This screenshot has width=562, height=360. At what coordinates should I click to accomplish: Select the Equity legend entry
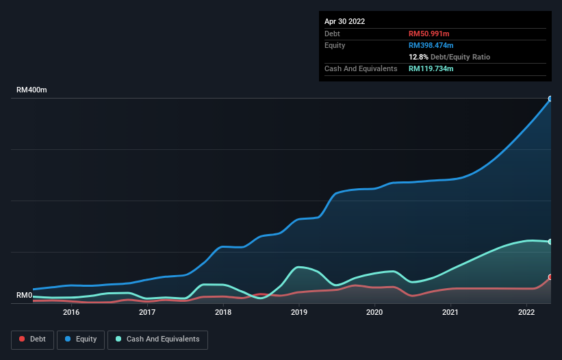[x=81, y=339]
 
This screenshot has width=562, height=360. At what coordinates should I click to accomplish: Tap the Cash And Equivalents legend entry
[x=157, y=339]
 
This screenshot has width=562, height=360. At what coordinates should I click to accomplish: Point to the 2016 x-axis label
[x=71, y=313]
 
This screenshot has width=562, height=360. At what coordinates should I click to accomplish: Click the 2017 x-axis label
[x=147, y=313]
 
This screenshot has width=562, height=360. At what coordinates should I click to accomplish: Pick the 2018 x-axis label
[x=223, y=313]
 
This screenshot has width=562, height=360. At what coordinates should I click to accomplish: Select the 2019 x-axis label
[x=298, y=313]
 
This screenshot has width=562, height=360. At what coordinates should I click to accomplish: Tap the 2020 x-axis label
[x=374, y=313]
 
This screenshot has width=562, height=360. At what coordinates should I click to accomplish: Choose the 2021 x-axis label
[x=450, y=313]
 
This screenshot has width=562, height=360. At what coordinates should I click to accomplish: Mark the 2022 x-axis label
[x=526, y=313]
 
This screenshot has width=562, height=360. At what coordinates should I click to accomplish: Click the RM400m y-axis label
[x=31, y=90]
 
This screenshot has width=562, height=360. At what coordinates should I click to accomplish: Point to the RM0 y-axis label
[x=25, y=296]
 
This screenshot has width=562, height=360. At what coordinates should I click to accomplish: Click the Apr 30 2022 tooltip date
[x=345, y=21]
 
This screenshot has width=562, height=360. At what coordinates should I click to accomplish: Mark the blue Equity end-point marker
[x=550, y=99]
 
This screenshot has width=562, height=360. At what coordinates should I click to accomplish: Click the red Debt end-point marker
[x=550, y=277]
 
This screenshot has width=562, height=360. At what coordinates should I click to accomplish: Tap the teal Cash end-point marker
[x=550, y=242]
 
